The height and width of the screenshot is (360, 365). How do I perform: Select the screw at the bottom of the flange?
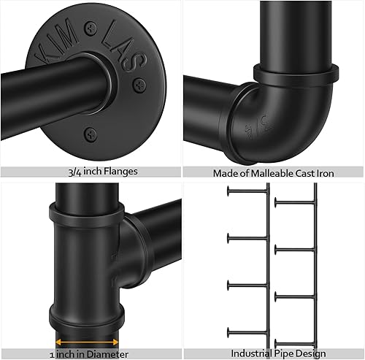[x=90, y=133]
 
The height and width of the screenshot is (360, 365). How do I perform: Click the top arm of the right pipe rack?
[x=295, y=201]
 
